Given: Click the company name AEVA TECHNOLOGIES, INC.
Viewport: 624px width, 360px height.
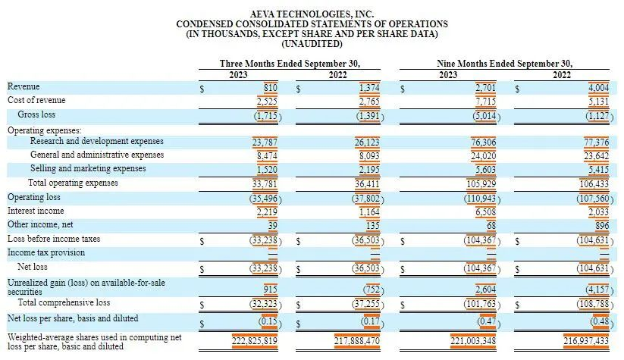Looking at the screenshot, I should pyautogui.click(x=312, y=13).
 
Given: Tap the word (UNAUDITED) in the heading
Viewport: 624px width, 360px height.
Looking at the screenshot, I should pyautogui.click(x=312, y=44).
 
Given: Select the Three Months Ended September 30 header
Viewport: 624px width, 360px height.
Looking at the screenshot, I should pyautogui.click(x=289, y=64).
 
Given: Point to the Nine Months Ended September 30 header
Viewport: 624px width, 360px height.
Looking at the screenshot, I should pyautogui.click(x=504, y=64).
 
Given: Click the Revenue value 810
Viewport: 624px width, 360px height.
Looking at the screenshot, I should pyautogui.click(x=268, y=87).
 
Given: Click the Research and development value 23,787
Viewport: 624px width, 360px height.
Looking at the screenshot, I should pyautogui.click(x=265, y=142).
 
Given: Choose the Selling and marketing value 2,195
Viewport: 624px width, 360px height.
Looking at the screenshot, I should pyautogui.click(x=368, y=169).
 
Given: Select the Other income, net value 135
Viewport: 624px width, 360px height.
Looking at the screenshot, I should pyautogui.click(x=372, y=225).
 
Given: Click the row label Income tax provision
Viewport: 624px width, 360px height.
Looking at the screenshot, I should pyautogui.click(x=45, y=252).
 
